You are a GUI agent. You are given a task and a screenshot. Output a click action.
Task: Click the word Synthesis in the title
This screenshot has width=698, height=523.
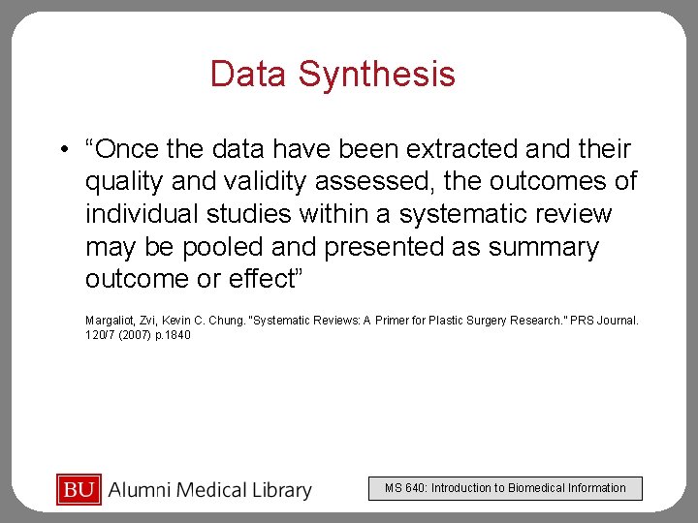pos(376,75)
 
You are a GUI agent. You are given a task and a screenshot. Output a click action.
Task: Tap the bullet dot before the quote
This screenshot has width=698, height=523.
pos(62,150)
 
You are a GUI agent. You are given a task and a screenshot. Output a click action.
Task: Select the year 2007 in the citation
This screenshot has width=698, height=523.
pos(134,335)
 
